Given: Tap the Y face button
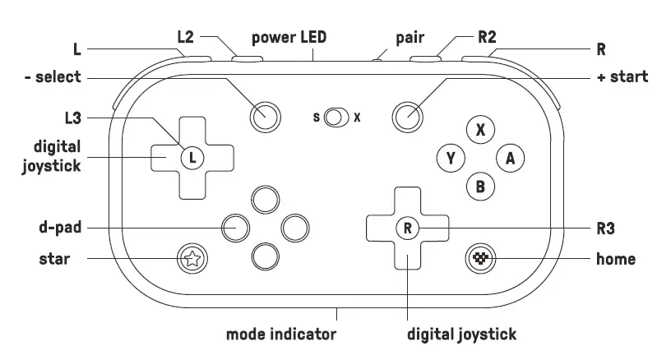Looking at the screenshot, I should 451,159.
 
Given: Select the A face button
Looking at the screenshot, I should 510,159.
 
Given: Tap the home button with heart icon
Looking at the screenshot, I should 480,259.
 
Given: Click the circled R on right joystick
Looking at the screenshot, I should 407,228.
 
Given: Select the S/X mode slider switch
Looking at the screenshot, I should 335,118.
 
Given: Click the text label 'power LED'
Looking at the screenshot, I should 289,37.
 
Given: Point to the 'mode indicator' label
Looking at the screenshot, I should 281,335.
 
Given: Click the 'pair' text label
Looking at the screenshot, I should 410,37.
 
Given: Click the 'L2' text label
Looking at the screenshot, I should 187,37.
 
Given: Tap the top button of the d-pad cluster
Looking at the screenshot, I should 265,199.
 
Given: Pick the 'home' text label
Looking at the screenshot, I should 615,259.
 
